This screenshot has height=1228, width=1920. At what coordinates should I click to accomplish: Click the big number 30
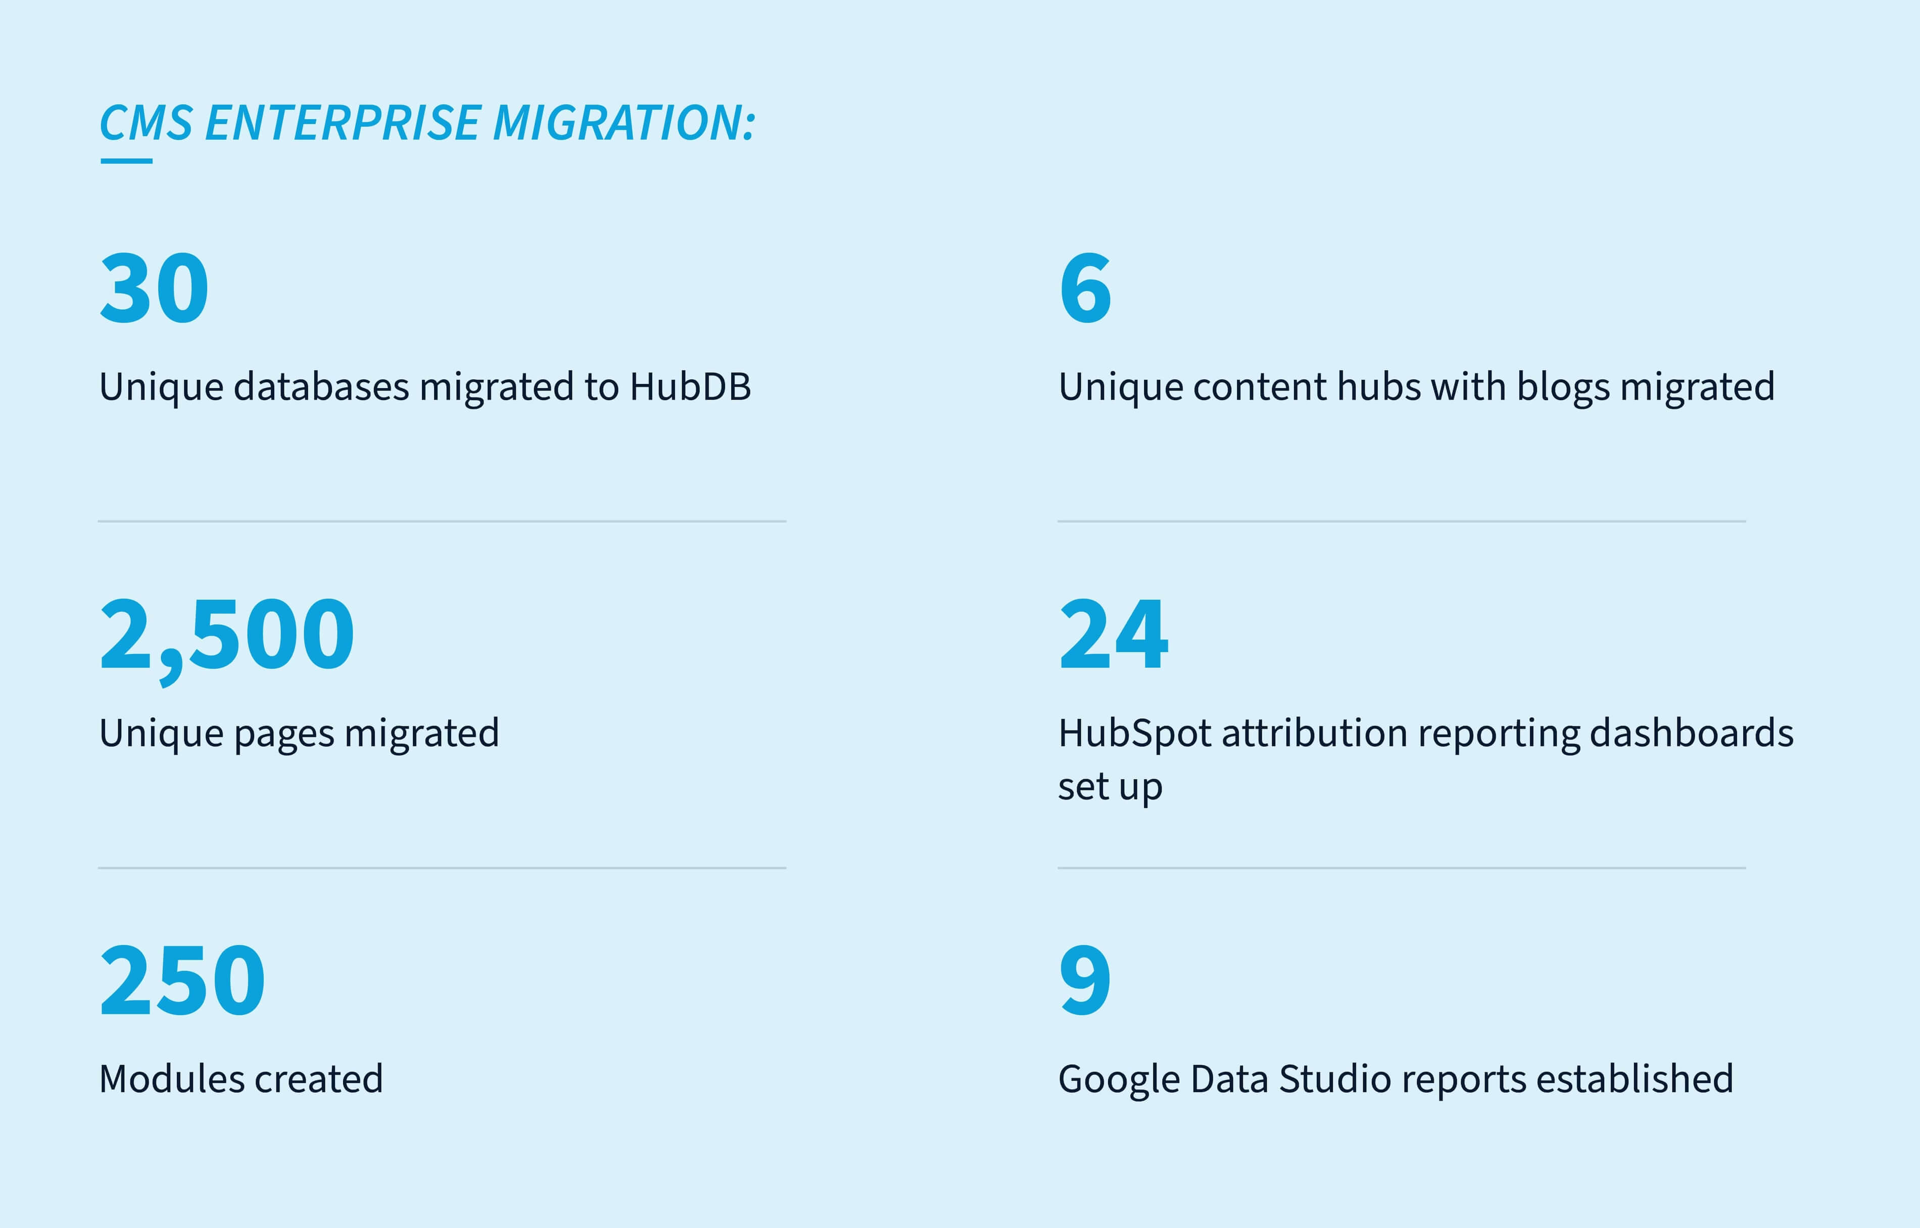[x=154, y=288]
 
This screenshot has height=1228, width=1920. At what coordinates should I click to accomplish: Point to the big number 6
[x=1085, y=288]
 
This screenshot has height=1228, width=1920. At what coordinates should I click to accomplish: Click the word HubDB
[x=691, y=387]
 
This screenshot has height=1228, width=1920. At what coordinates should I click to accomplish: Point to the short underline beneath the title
[x=126, y=161]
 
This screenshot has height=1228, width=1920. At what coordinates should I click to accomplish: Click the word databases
[x=321, y=387]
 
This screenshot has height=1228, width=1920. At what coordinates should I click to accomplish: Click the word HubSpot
[x=1135, y=733]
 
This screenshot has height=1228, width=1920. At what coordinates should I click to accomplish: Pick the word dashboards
[x=1691, y=733]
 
